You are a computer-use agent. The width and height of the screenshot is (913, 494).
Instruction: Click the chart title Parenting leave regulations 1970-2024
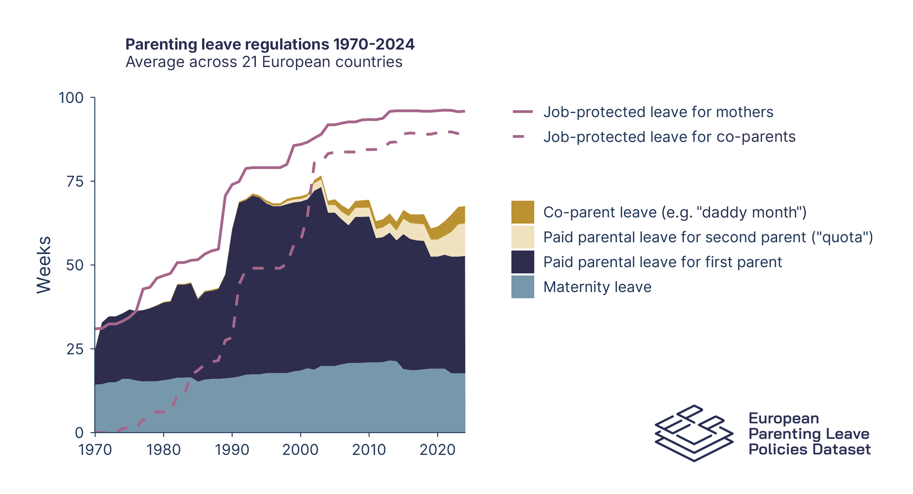pyautogui.click(x=270, y=44)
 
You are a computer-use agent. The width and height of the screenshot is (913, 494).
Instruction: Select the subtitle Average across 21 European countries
pyautogui.click(x=264, y=62)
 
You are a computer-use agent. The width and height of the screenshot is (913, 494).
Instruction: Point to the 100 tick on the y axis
pyautogui.click(x=71, y=98)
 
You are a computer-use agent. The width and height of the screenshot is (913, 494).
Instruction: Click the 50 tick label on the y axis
pyautogui.click(x=75, y=265)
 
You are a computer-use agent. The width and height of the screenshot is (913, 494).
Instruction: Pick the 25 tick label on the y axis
pyautogui.click(x=75, y=349)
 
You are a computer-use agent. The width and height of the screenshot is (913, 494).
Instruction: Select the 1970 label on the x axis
pyautogui.click(x=95, y=450)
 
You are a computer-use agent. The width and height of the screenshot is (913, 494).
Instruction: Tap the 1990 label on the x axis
pyautogui.click(x=232, y=450)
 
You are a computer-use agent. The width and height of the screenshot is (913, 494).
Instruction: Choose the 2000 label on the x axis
pyautogui.click(x=301, y=450)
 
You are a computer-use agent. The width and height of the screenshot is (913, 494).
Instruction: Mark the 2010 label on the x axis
pyautogui.click(x=369, y=450)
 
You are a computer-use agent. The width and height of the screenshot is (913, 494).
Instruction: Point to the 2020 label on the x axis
pyautogui.click(x=437, y=450)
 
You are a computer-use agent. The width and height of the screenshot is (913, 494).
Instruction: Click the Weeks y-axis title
pyautogui.click(x=44, y=265)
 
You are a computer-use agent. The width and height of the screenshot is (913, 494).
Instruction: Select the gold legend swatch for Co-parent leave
pyautogui.click(x=522, y=212)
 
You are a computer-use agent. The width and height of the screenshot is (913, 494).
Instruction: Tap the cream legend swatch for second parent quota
pyautogui.click(x=522, y=237)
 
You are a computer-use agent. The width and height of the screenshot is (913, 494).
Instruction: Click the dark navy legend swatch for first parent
pyautogui.click(x=522, y=262)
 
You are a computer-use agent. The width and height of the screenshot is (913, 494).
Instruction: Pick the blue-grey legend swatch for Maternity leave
pyautogui.click(x=522, y=287)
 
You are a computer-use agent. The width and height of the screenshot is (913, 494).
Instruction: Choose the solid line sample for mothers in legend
pyautogui.click(x=522, y=112)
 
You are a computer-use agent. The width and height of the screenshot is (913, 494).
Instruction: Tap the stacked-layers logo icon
pyautogui.click(x=694, y=433)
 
